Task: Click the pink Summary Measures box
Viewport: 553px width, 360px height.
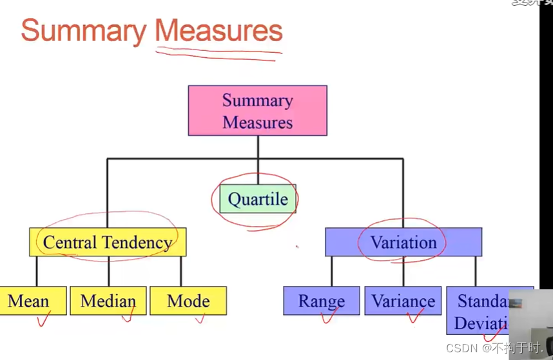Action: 257,111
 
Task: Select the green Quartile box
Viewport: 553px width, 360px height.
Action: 258,199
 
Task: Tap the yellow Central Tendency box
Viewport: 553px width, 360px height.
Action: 108,242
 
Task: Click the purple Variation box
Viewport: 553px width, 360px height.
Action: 403,242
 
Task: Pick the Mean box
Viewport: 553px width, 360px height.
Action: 33,301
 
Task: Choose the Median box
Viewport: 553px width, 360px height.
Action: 108,301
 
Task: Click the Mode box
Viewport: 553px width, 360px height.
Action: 188,301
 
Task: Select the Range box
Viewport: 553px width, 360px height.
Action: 321,301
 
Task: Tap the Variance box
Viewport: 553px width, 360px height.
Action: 403,301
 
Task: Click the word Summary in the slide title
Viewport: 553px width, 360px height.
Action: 84,31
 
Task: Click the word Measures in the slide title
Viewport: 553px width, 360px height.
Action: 218,31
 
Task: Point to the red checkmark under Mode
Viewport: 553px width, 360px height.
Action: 200,317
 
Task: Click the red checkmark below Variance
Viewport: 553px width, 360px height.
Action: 414,316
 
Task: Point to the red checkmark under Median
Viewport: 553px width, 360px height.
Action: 128,316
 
